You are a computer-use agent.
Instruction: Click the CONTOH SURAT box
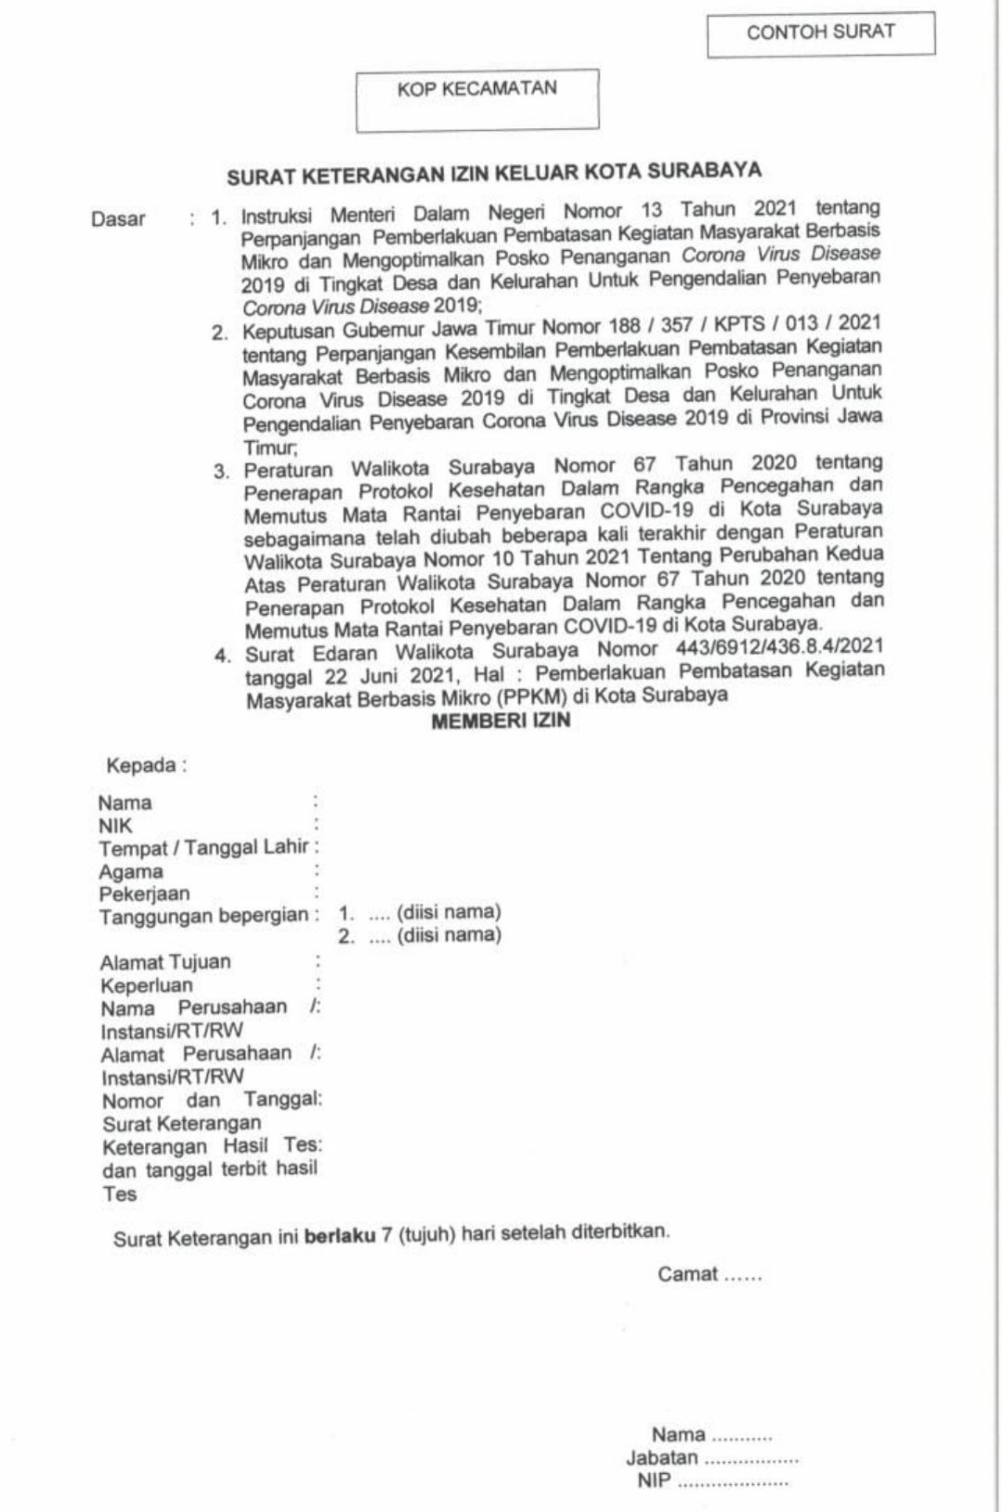821,33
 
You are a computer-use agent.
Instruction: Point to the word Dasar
118,220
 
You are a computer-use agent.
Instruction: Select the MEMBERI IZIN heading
501,721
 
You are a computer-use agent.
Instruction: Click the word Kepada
141,766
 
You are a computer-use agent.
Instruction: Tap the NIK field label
116,826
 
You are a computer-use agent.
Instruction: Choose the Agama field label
131,871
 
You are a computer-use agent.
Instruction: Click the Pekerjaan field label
144,893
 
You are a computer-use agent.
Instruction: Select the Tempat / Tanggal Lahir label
203,848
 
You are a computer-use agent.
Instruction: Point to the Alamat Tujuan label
165,962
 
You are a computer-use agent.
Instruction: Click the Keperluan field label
147,985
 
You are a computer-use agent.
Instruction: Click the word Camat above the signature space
688,1274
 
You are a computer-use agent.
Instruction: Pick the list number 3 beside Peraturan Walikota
221,471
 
